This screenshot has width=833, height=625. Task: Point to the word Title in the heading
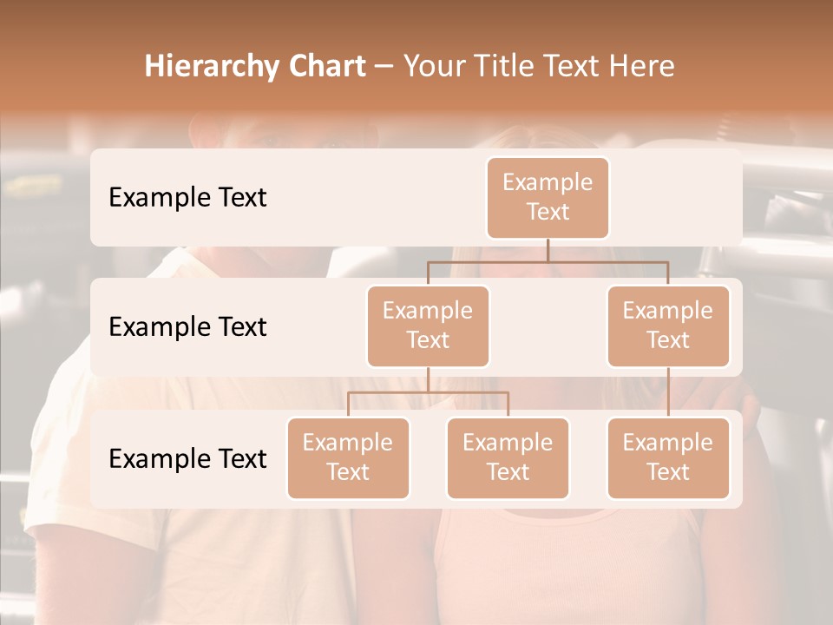511,67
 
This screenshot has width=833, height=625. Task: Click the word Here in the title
643,67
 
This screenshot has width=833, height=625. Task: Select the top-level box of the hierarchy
548,197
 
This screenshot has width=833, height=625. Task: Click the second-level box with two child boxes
428,326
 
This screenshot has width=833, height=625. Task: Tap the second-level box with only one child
668,326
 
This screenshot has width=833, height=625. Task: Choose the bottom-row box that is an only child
668,457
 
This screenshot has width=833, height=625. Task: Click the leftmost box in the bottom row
348,457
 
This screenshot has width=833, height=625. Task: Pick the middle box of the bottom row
508,457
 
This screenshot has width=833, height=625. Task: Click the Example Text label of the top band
187,197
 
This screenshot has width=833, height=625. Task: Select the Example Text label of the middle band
187,326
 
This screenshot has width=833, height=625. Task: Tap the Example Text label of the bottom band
187,458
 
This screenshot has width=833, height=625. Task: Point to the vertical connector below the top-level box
548,249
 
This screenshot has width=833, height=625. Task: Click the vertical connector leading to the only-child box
668,392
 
